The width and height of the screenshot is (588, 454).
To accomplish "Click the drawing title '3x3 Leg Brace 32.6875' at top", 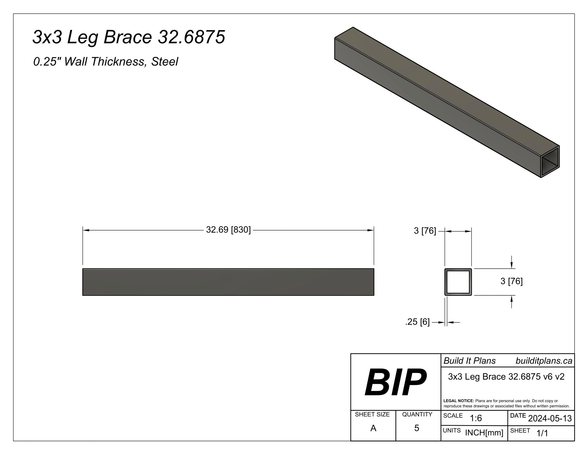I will tap(129, 37).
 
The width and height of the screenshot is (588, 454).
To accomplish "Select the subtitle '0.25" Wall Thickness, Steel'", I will tap(106, 62).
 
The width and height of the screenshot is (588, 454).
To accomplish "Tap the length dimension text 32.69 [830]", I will tap(228, 230).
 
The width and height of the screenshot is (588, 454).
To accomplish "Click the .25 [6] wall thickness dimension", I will tap(417, 322).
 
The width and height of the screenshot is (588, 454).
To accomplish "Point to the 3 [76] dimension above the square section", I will tap(425, 231).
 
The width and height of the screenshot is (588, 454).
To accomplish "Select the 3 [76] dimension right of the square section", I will tap(511, 281).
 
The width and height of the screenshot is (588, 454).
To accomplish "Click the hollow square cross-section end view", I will tap(458, 282).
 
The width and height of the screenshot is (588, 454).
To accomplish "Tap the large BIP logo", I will tap(395, 382).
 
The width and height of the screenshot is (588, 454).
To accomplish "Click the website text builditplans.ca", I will tap(544, 361).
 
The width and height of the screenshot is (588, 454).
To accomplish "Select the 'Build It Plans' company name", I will tap(470, 361).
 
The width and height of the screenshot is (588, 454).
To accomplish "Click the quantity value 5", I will tap(416, 428).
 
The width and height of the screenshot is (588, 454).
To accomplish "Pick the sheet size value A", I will tap(373, 428).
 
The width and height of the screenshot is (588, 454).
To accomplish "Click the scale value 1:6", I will tap(476, 418).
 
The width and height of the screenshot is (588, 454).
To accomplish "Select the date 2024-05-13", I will tap(550, 418).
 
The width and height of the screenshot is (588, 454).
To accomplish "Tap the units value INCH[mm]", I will tap(484, 433).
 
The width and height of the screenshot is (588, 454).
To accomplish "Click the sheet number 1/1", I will tap(542, 433).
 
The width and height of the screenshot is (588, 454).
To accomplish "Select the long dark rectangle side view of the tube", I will tap(228, 282).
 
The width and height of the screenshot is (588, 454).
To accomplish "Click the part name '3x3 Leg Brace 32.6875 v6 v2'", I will tap(506, 377).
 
